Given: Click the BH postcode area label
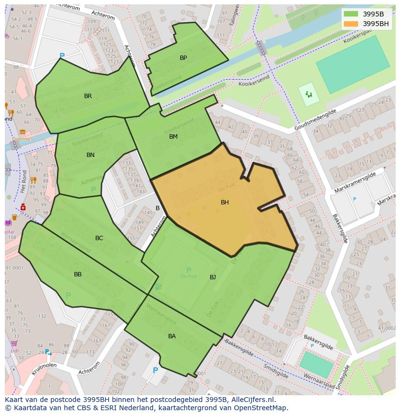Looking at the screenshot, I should pos(225,202).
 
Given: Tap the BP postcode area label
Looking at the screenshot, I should pos(183,58).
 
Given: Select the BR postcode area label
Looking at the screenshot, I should pos(88,96).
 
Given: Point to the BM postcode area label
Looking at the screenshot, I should pos(173,137).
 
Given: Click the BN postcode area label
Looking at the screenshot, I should pos(90,155).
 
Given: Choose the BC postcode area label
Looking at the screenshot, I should pos(99,238).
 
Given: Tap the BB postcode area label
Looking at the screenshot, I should pos(78,274).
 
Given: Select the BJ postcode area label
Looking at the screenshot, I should pos(213,277).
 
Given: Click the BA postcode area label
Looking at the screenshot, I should pos(172,336).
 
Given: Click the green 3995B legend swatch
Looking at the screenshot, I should pos(351,14).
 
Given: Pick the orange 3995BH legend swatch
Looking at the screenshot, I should pos(351,24).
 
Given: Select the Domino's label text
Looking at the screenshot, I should pos(23,139).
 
